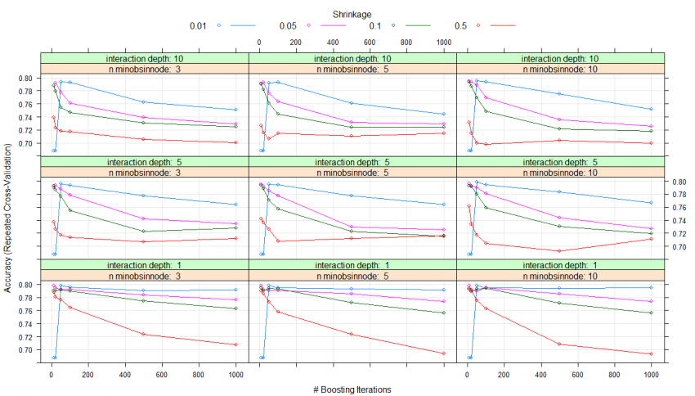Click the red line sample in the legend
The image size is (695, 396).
tap(501, 26)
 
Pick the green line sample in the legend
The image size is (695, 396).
tap(412, 26)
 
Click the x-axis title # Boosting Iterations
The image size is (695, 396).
tap(352, 389)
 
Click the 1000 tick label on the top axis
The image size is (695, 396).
tap(444, 42)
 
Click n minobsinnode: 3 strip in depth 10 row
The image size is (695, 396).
tap(144, 69)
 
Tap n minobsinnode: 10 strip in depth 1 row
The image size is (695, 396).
tap(561, 276)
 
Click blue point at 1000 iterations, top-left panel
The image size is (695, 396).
tap(235, 110)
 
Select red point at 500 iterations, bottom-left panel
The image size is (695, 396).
tap(143, 334)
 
